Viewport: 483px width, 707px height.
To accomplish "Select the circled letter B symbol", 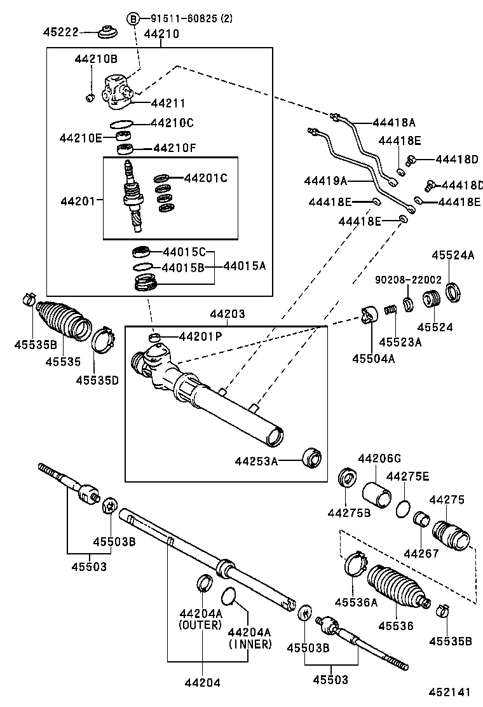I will pos(133,18).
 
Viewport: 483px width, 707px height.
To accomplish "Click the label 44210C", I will pos(172,123).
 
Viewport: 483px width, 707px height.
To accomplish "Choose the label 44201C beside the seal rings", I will pos(205,178).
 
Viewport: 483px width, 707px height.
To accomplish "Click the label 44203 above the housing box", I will pos(226,314).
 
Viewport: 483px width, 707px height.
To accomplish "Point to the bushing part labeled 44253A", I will pos(311,458).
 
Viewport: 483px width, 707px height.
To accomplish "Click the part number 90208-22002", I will pos(407,279).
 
